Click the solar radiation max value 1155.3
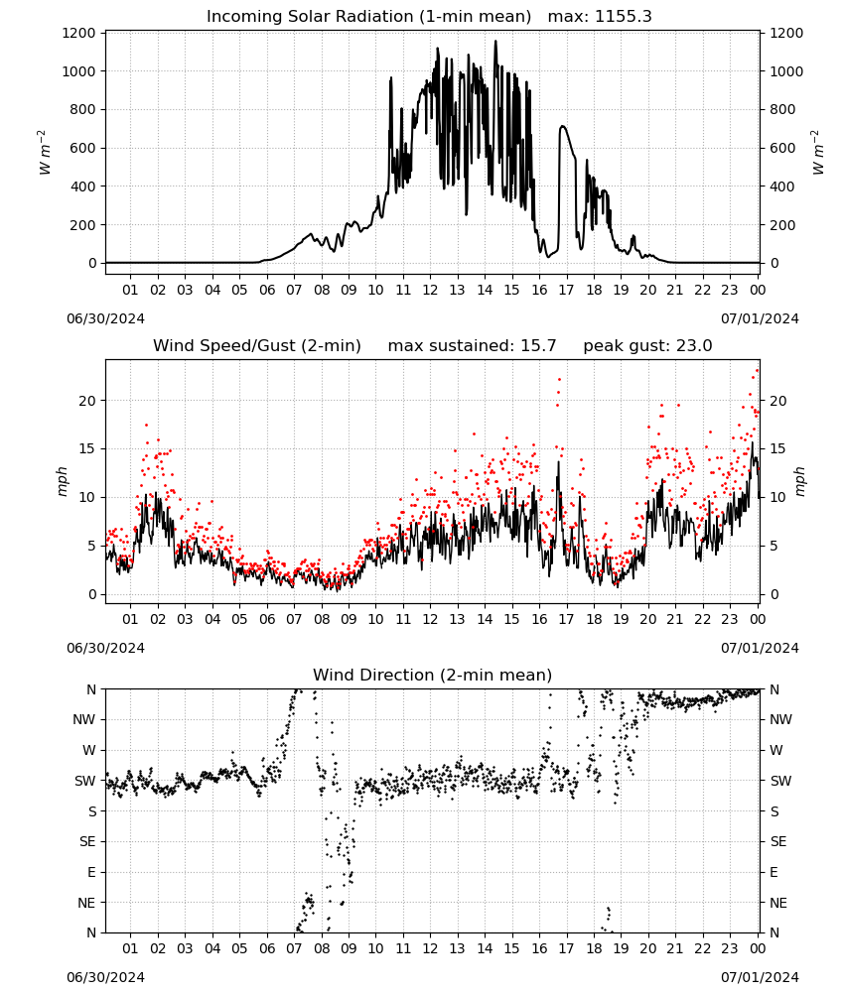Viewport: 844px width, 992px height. tap(623, 17)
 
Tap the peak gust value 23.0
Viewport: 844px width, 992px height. tap(691, 346)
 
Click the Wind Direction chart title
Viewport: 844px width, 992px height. tap(433, 675)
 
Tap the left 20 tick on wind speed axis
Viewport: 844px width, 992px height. tap(88, 401)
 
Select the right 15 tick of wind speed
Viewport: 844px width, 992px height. tap(777, 448)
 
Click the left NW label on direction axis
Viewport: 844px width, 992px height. tap(84, 719)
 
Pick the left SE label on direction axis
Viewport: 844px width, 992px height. tap(87, 841)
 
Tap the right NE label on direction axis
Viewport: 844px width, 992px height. tap(778, 903)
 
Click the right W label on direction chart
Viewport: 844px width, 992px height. tap(775, 750)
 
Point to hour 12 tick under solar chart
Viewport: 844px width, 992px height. tap(430, 290)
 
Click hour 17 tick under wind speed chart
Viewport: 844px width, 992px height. tap(566, 619)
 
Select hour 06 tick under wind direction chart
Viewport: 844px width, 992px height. tap(266, 948)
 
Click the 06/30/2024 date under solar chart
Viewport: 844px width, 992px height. tap(105, 318)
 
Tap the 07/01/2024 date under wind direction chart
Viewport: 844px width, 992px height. tap(760, 977)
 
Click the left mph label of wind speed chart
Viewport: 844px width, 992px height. tap(62, 481)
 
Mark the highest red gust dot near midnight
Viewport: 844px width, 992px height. tap(758, 371)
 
